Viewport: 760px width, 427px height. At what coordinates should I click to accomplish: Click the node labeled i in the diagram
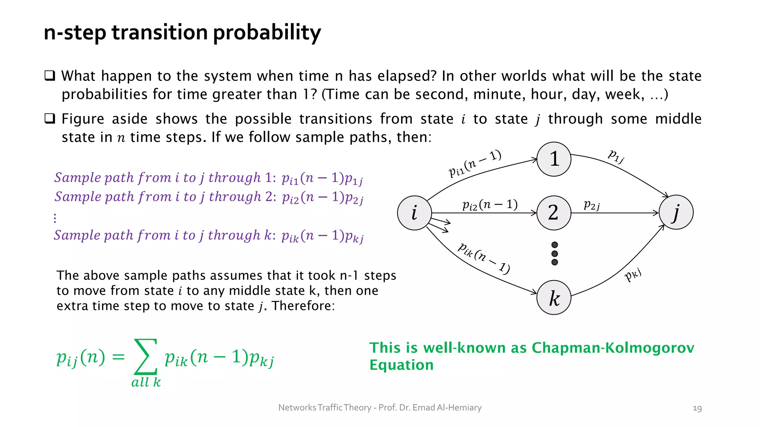(x=414, y=213)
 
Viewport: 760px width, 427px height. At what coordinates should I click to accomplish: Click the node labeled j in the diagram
(x=676, y=212)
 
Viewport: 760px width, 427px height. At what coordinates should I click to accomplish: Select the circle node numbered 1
(x=554, y=159)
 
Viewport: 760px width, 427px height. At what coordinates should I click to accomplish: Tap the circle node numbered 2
(x=554, y=213)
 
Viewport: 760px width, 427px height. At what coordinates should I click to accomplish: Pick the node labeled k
(x=554, y=298)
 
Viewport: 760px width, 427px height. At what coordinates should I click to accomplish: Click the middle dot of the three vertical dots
(x=554, y=254)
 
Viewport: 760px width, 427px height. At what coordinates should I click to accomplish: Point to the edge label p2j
(x=592, y=205)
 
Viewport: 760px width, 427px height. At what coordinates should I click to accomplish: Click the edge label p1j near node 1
(x=616, y=156)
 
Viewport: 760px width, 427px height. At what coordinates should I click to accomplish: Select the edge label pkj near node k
(x=633, y=275)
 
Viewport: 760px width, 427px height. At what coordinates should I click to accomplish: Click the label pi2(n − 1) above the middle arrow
(x=489, y=205)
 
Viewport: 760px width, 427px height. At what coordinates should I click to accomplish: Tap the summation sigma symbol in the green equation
(x=145, y=357)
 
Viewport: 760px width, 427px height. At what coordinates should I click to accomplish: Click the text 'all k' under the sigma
(x=146, y=382)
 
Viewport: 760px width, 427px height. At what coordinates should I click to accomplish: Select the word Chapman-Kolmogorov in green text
(x=612, y=348)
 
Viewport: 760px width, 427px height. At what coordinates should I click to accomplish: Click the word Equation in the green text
(x=401, y=365)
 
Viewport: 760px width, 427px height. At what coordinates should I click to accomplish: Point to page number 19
(x=697, y=408)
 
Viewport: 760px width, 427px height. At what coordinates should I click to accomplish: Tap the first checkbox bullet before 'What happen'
(x=50, y=76)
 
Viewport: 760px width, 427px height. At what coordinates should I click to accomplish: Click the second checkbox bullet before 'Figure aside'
(x=50, y=119)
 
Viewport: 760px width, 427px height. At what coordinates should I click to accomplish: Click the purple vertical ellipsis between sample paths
(x=55, y=218)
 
